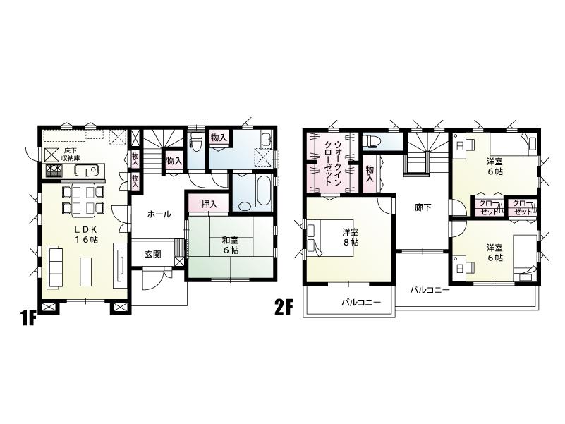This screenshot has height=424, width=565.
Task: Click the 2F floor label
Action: tap(284, 308)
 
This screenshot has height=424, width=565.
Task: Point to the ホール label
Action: tap(159, 214)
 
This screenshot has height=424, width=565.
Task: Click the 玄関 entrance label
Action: tap(154, 254)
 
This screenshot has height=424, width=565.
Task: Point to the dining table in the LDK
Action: tap(83, 199)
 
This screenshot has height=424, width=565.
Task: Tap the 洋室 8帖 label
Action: tap(350, 236)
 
